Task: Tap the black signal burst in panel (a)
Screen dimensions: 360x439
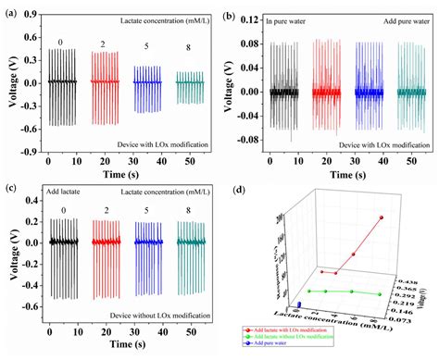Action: pos(62,83)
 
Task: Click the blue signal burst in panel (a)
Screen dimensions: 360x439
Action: pos(146,83)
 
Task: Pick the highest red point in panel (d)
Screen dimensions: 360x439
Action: pos(380,217)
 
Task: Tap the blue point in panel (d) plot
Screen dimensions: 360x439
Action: pos(298,304)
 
